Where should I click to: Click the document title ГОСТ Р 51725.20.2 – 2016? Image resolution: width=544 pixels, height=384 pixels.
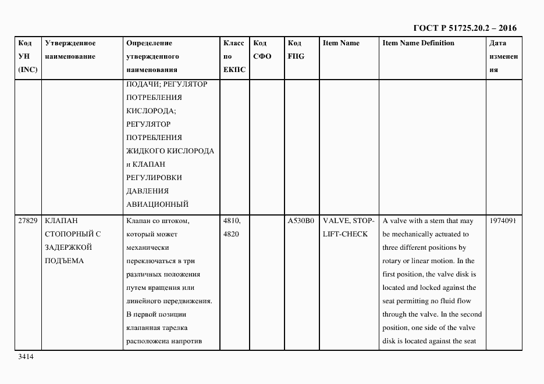464,28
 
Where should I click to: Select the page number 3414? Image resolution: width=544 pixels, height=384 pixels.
26,357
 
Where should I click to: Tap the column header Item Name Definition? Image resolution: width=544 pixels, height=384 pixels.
418,43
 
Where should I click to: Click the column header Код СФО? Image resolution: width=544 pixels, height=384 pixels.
261,50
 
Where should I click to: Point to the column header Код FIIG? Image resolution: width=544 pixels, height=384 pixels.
296,50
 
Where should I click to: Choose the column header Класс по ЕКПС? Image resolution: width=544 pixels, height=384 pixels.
234,56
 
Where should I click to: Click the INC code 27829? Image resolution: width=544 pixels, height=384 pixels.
28,221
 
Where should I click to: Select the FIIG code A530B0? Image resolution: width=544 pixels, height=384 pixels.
301,221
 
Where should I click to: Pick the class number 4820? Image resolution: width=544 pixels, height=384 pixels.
231,234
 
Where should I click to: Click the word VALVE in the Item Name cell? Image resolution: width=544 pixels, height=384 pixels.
336,221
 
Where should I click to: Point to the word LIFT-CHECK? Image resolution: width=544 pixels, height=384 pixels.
345,234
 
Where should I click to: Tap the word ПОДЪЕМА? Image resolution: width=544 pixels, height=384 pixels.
64,261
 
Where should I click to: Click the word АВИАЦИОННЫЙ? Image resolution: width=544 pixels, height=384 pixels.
157,204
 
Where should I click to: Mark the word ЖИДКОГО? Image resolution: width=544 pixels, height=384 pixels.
145,151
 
